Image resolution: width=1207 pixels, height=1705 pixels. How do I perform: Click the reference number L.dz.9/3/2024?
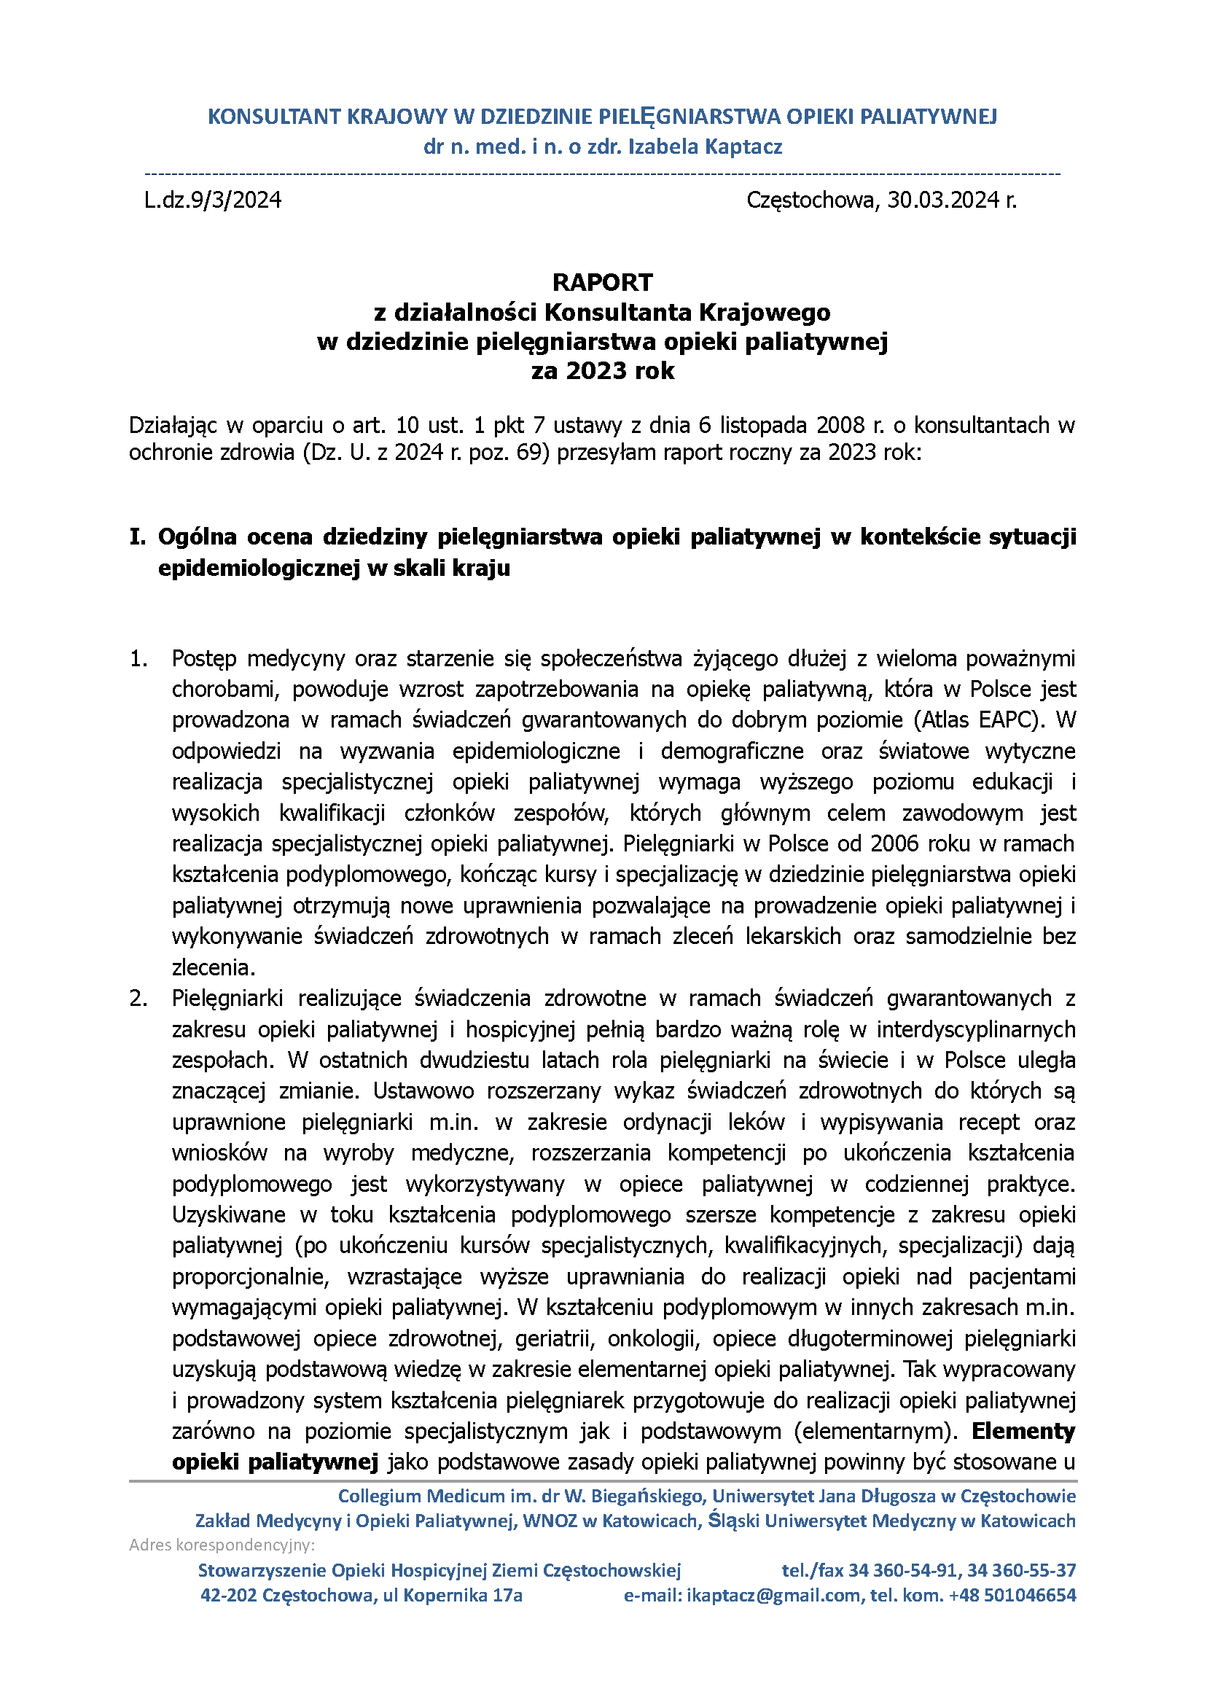[213, 200]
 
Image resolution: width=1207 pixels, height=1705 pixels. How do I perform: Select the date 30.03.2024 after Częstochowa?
[943, 200]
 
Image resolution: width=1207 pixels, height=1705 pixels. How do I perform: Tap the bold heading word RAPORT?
[602, 282]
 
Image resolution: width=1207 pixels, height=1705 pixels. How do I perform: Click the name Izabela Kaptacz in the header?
[706, 147]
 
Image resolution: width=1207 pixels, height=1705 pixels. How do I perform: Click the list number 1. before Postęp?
[139, 658]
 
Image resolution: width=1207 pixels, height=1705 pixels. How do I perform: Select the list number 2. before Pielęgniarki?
[139, 998]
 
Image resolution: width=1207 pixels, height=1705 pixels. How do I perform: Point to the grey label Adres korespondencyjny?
[222, 1545]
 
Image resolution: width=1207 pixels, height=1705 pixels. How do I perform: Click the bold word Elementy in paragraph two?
[1023, 1431]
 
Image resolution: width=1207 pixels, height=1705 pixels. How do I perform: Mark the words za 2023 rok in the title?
[603, 371]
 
